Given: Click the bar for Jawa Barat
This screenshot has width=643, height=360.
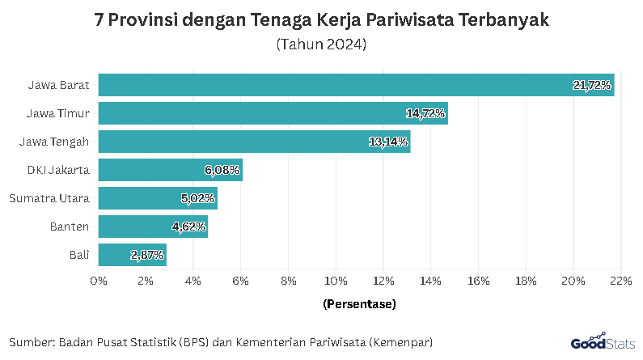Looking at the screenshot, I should click(356, 85).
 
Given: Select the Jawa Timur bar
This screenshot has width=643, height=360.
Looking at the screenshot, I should click(273, 113).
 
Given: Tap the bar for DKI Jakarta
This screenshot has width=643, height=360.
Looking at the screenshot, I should click(170, 170).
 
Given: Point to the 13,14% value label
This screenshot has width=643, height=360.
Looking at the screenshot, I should click(388, 142).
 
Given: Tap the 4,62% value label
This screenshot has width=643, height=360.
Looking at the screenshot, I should click(188, 227).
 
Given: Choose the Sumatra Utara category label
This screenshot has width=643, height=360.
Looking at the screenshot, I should click(49, 198).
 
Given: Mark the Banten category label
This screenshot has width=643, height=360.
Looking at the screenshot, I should click(70, 227).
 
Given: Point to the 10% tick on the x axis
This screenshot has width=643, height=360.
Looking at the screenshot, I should click(336, 281).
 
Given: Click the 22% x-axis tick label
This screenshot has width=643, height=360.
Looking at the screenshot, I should click(620, 281).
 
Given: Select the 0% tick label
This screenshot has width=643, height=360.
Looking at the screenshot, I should click(99, 281).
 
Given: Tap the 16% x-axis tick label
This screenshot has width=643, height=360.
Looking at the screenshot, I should click(478, 281).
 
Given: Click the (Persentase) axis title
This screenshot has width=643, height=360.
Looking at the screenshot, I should click(359, 305).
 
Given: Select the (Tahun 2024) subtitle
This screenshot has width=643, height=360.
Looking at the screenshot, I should click(321, 44).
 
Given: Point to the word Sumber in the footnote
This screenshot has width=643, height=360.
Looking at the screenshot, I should click(32, 341).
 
